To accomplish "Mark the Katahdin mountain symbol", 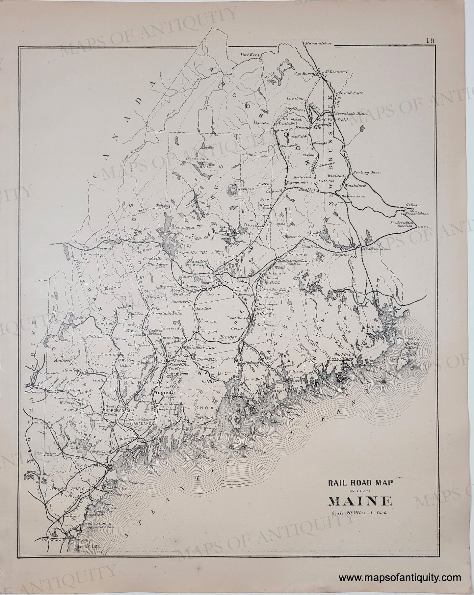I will [x=234, y=190].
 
